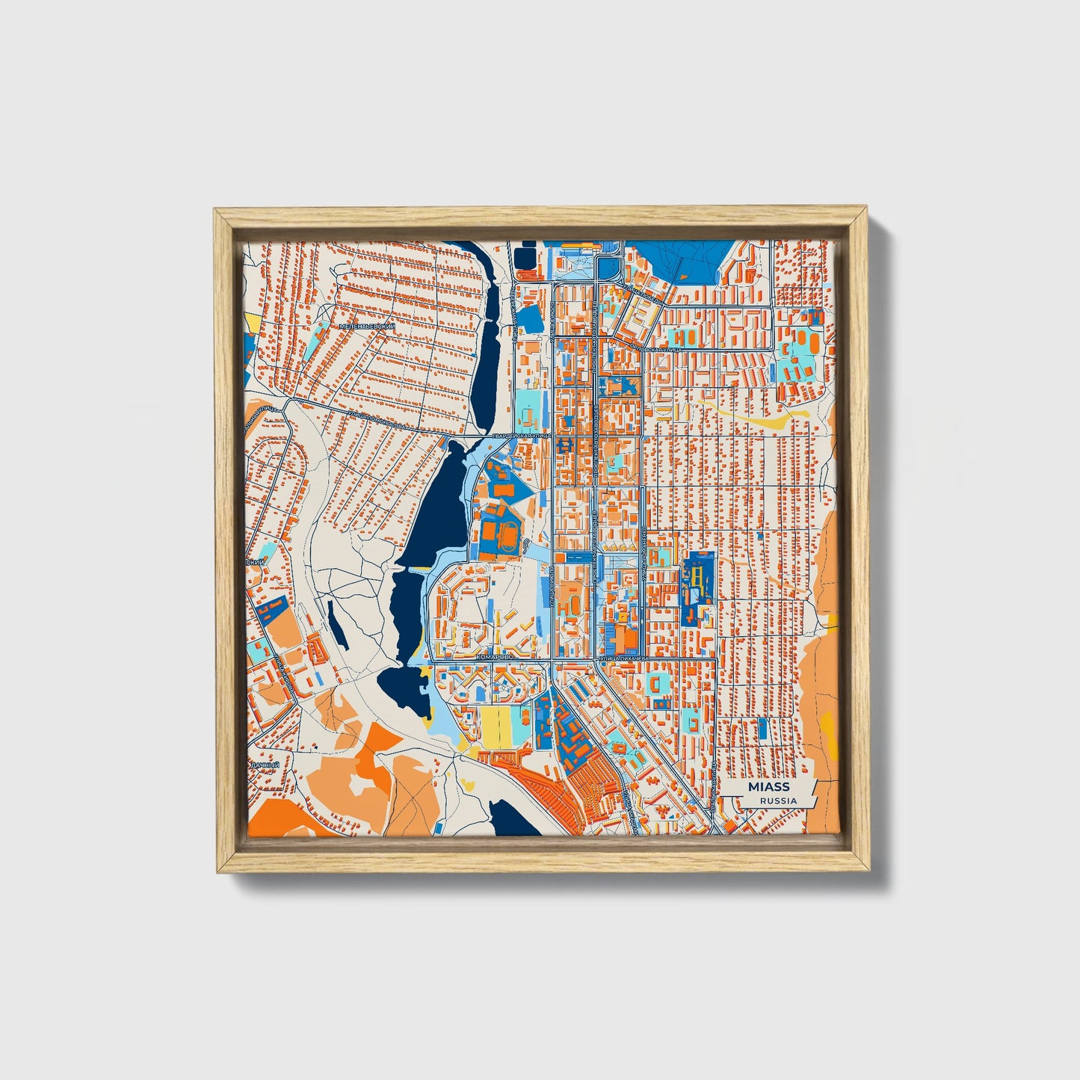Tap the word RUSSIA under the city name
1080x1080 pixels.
[778, 800]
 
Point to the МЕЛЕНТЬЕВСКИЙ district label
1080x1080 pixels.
[366, 327]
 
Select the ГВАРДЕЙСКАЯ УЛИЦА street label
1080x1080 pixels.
[522, 435]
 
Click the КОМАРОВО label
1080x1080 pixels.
[494, 655]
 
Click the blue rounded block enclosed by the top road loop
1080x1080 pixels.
[608, 267]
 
